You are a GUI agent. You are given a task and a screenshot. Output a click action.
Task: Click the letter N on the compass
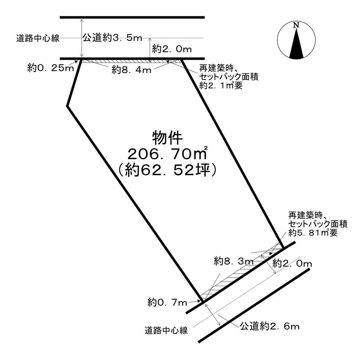click(296, 25)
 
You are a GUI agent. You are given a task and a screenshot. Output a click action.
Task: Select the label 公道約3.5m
click(112, 38)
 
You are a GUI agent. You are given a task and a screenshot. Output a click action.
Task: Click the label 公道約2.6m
click(269, 326)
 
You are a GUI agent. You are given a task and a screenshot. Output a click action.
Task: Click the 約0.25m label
click(51, 67)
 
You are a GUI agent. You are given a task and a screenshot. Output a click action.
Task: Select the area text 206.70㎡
click(167, 154)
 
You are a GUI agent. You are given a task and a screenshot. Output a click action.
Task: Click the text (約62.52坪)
click(167, 170)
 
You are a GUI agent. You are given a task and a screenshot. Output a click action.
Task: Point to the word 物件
click(167, 138)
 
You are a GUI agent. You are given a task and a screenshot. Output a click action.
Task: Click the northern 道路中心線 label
click(38, 38)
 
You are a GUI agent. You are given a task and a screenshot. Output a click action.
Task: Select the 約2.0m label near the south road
click(292, 263)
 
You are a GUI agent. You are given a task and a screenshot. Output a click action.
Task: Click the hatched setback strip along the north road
click(131, 61)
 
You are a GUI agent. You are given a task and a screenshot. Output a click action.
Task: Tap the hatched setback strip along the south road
click(240, 271)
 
